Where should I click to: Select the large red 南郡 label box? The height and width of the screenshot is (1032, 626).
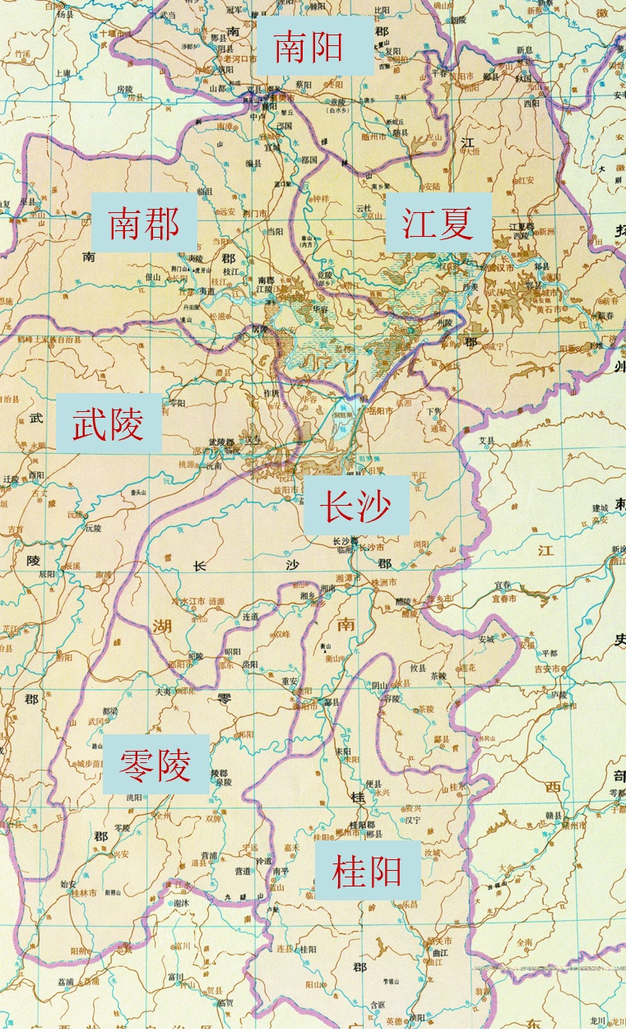pos(144,223)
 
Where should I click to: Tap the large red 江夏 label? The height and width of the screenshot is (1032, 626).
pos(438,223)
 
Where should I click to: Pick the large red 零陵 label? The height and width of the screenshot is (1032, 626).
pos(155,765)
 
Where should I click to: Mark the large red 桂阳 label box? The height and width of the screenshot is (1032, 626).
pos(367,870)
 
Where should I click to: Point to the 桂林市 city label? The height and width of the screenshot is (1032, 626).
pos(82,892)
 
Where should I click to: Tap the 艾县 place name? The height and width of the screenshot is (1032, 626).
pos(487,440)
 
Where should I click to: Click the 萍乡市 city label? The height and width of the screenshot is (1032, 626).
pos(443,599)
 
